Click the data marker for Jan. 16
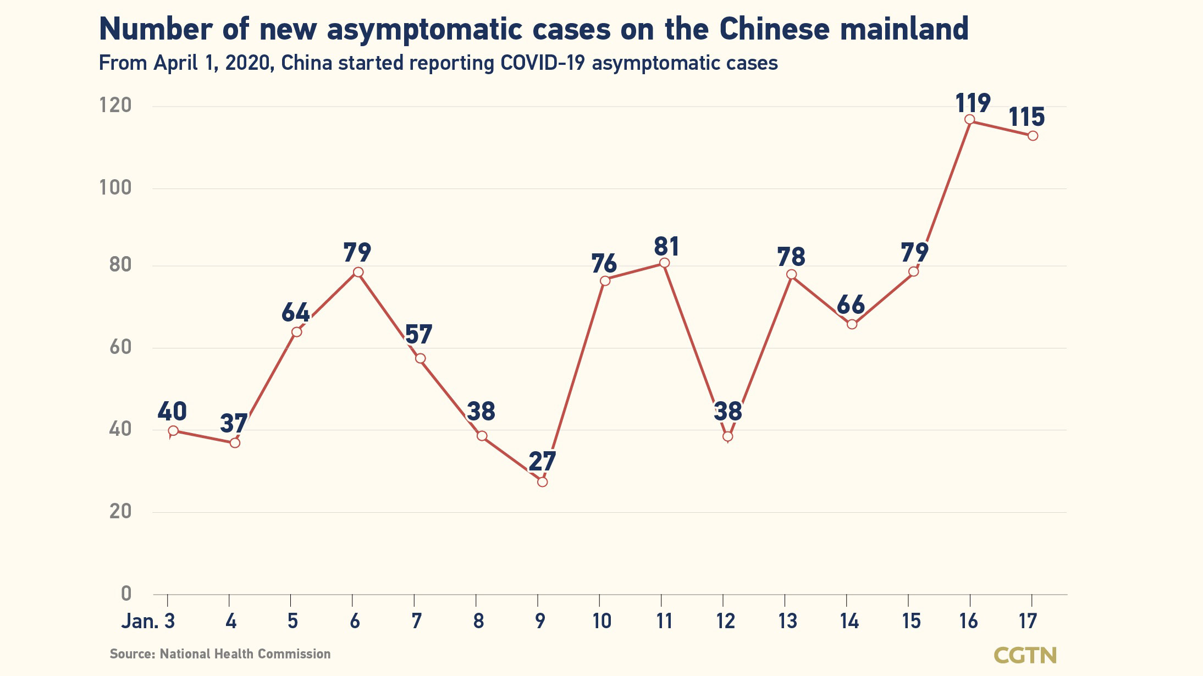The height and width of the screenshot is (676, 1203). click(x=970, y=120)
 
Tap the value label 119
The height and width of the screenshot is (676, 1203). click(x=973, y=103)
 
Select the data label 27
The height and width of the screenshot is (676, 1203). click(x=542, y=462)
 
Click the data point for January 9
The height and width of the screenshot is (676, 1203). click(x=542, y=482)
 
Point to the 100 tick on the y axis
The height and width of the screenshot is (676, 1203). click(x=115, y=188)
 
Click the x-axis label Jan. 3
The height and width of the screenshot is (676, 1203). click(x=148, y=622)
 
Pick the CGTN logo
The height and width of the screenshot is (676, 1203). click(x=1025, y=655)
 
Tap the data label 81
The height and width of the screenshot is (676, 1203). click(x=666, y=247)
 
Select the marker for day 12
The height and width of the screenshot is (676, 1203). click(x=727, y=436)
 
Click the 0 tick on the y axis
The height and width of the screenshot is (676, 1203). click(x=126, y=594)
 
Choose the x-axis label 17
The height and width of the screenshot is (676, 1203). click(x=1028, y=622)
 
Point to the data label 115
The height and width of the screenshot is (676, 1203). click(x=1027, y=117)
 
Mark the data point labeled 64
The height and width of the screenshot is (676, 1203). click(x=297, y=332)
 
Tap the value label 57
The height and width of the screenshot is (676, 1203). click(x=419, y=335)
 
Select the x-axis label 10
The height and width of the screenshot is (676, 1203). click(x=601, y=622)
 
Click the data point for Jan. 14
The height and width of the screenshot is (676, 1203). click(x=852, y=324)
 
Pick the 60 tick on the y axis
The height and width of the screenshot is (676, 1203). click(x=120, y=347)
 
